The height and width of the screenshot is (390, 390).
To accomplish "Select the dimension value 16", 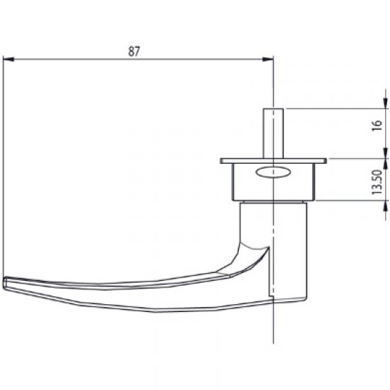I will tap(377, 128).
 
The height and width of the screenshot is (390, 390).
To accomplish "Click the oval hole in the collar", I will tap(272, 171).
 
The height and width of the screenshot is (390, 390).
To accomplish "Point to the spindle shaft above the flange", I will tap(273, 135).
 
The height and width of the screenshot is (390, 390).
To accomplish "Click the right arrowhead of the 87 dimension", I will tap(269, 59).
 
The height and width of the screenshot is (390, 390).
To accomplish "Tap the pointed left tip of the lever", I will tap(6, 282).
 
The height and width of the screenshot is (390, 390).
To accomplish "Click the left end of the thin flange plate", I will tap(222, 160).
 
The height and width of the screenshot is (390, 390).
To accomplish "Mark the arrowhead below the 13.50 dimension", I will tap(386, 205).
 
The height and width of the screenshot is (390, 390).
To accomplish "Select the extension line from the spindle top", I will tap(333, 108).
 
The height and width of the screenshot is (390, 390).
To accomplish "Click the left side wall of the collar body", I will tap(233, 181).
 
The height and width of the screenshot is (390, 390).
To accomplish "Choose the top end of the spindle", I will tap(273, 109).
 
